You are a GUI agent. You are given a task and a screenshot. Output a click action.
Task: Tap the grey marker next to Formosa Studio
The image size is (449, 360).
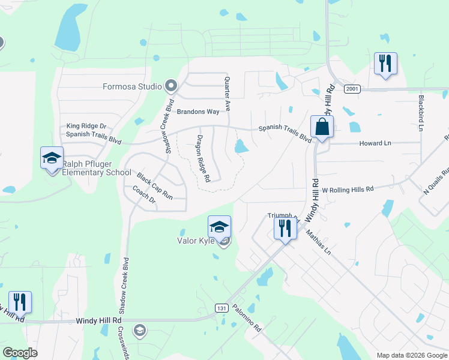click(171, 86)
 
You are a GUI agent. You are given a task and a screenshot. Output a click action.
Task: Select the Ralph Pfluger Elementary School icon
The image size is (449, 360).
click(52, 158)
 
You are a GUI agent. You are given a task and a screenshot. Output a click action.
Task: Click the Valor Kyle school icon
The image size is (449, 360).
click(219, 227)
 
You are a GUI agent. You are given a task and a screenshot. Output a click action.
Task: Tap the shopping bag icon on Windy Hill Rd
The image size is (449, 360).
click(322, 127)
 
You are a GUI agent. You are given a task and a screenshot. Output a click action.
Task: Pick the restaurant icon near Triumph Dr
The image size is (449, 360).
click(285, 229)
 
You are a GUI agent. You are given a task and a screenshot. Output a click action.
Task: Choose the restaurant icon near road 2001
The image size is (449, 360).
click(385, 64)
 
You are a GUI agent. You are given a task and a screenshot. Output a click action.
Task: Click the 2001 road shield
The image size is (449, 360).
click(352, 89)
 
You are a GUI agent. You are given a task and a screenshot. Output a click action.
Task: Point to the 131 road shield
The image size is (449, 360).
click(221, 308)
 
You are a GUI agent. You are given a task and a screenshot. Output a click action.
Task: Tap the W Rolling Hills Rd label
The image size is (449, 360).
click(348, 188)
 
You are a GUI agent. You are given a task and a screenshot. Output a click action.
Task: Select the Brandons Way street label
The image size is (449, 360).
click(198, 112)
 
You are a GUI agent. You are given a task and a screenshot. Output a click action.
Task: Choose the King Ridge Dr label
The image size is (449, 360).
click(86, 126)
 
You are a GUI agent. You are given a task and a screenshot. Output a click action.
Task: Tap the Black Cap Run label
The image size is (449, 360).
click(154, 186)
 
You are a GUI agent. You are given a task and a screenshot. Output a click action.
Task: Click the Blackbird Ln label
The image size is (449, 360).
click(421, 112)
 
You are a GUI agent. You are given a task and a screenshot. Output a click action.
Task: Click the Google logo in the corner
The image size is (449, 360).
click(20, 353)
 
